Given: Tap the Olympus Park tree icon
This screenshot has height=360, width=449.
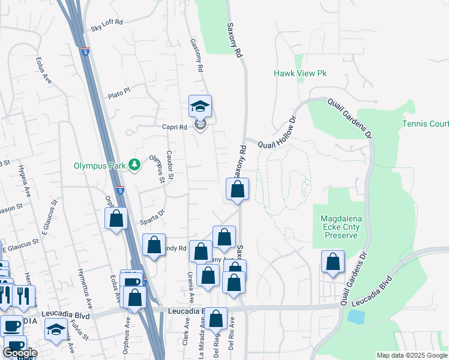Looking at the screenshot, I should (x=136, y=165).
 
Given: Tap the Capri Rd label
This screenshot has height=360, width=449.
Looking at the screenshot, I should (x=175, y=127).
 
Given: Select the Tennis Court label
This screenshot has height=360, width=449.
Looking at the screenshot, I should (x=425, y=124).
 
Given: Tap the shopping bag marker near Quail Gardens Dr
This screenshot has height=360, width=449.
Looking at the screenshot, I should (x=333, y=262).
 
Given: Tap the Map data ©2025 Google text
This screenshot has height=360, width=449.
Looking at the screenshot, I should (x=412, y=355).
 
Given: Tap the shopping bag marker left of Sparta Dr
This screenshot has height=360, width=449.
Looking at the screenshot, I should (x=116, y=218).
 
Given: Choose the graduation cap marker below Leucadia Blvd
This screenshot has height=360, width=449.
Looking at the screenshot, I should (x=56, y=330).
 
